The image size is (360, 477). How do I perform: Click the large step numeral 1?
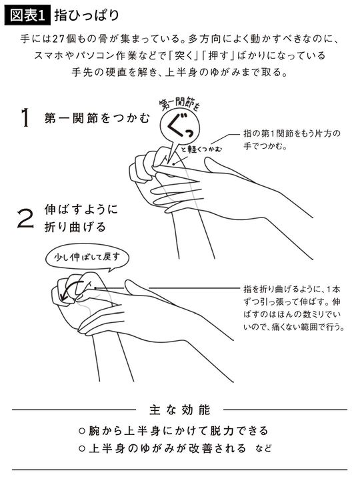click(25, 119)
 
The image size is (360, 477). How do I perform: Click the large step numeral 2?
click(25, 219)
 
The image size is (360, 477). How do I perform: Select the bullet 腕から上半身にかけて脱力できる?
click(179, 429)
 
